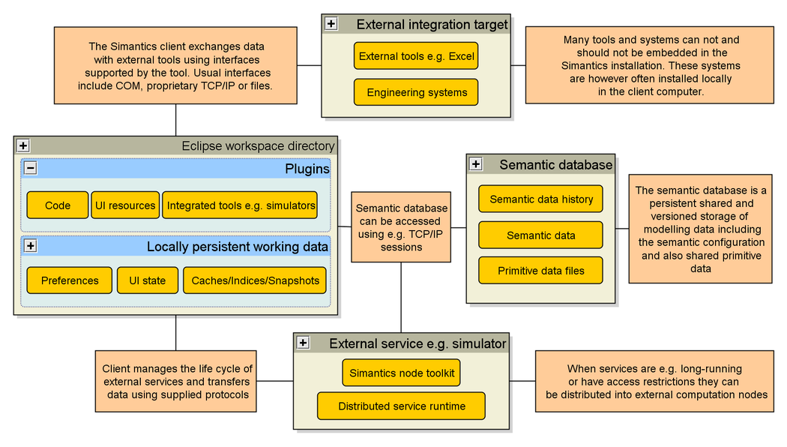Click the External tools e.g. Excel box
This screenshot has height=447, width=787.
tap(416, 56)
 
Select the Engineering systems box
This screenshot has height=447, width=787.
tap(416, 92)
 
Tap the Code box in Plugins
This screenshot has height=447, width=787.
tap(58, 205)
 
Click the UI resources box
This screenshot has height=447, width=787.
tap(125, 205)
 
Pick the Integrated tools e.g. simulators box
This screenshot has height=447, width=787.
tap(241, 205)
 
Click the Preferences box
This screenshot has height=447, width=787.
tap(70, 280)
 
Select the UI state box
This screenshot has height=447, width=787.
tap(148, 280)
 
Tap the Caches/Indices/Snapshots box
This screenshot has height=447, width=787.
tap(255, 280)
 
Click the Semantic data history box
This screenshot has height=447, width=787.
tap(540, 199)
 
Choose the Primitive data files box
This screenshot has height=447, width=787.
tap(540, 270)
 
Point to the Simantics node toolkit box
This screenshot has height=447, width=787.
tap(402, 373)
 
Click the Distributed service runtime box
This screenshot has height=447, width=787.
tap(402, 406)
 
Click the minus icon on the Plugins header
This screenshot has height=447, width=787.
tap(31, 169)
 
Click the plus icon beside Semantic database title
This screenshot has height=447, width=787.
tap(476, 164)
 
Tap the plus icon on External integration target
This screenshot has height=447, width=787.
tap(331, 24)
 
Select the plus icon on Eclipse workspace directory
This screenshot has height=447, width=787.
tap(23, 145)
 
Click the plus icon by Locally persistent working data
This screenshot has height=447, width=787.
tap(31, 246)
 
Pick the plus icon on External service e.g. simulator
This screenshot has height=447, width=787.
tap(303, 343)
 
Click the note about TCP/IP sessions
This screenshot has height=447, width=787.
tap(401, 226)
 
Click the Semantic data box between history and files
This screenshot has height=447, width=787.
tap(540, 235)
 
